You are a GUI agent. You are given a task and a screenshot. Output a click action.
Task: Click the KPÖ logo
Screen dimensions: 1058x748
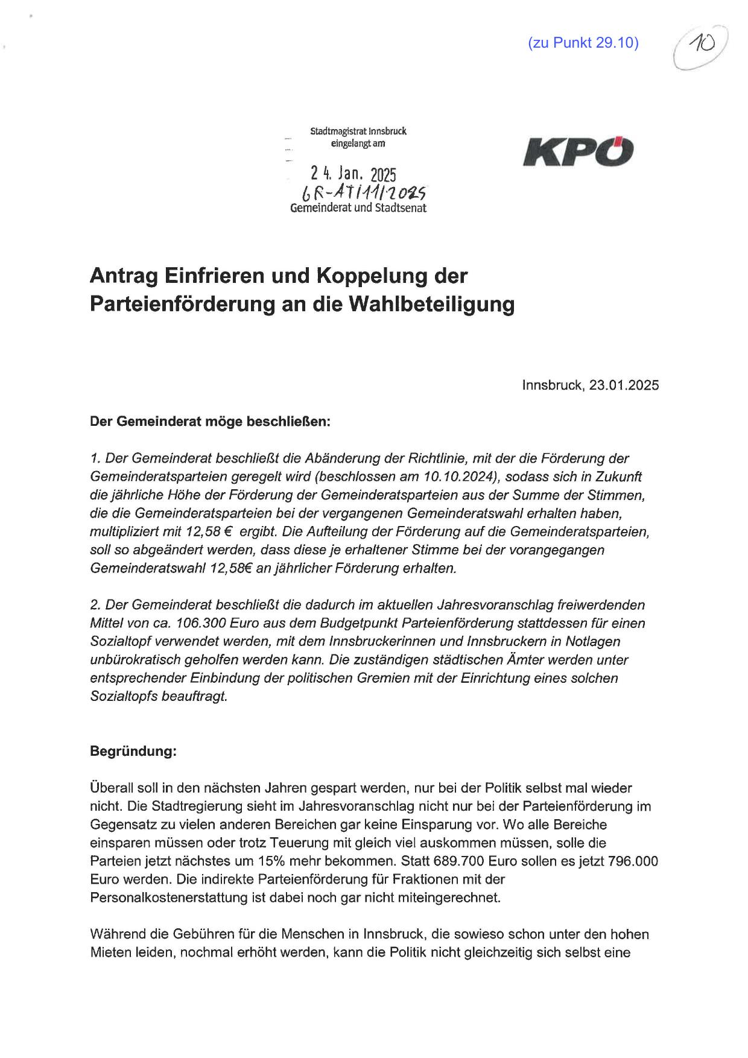(x=578, y=152)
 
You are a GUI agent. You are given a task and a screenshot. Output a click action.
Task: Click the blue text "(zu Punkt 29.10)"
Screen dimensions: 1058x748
(x=583, y=43)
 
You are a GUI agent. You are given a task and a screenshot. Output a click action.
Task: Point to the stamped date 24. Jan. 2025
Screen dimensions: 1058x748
(x=353, y=174)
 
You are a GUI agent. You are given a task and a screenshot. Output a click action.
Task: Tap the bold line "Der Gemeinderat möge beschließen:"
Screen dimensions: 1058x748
(x=210, y=422)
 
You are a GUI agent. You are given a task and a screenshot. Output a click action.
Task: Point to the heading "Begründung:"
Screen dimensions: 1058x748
(x=133, y=752)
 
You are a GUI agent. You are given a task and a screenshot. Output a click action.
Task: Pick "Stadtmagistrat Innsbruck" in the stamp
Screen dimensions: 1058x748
(x=358, y=131)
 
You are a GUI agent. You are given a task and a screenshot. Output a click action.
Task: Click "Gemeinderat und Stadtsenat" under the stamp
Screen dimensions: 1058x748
(x=358, y=209)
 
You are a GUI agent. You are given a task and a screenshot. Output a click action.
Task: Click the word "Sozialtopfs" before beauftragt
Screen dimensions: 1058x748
(x=124, y=696)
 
